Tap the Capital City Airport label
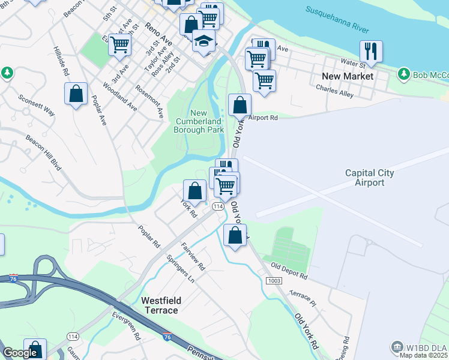click(370, 178)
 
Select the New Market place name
click(348, 76)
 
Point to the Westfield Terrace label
click(160, 305)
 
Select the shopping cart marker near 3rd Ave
click(119, 44)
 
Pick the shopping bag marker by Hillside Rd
click(76, 94)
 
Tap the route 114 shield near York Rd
click(217, 206)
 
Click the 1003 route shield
click(274, 281)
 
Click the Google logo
click(20, 353)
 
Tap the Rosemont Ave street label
click(149, 100)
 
